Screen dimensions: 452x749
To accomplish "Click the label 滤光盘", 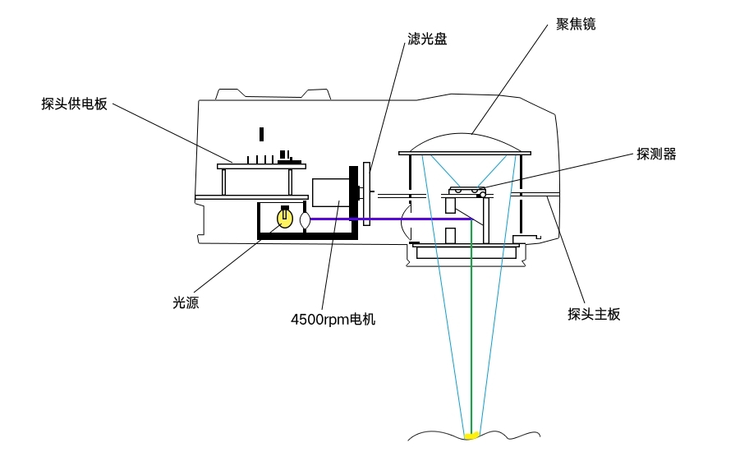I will click(427, 39).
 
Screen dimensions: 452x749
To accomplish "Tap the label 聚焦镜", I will click(576, 25).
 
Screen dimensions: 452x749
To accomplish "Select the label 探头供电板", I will click(74, 104).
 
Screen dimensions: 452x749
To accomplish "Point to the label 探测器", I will click(656, 154).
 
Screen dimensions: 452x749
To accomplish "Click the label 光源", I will click(186, 302).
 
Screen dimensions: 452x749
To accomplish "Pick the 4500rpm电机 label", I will click(333, 319).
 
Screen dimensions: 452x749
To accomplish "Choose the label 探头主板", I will click(594, 314).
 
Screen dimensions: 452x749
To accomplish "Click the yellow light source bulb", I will click(285, 219).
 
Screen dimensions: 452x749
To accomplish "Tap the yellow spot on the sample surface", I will click(472, 435).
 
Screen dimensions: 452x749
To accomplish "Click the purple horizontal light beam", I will click(386, 219).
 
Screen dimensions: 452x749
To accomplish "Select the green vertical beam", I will click(471, 329).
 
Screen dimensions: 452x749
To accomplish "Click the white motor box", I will click(331, 193).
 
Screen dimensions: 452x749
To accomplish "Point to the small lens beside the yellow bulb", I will click(306, 220).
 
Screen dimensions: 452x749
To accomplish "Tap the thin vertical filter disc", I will click(367, 194).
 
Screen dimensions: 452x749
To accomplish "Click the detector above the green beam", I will click(464, 191).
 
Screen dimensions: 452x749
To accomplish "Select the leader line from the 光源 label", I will click(230, 263).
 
